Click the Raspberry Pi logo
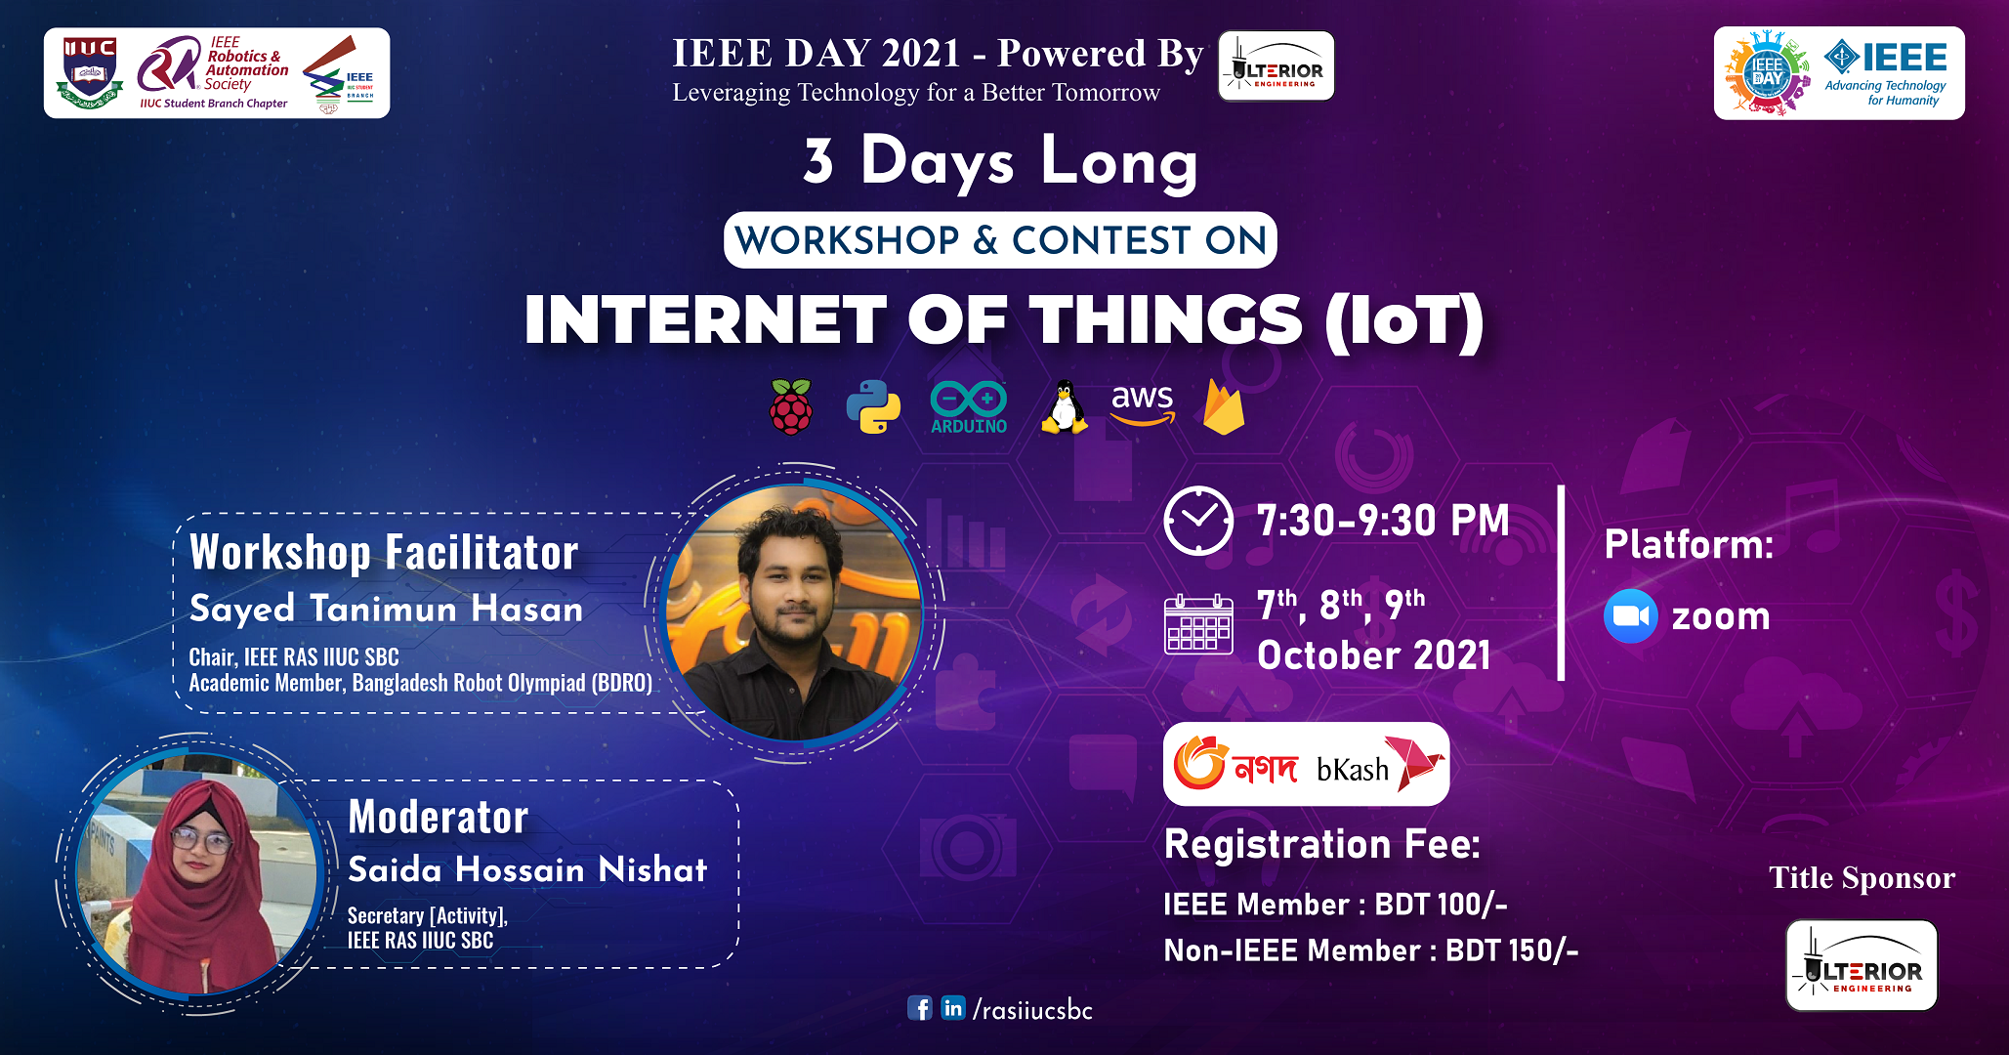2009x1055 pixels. tap(790, 406)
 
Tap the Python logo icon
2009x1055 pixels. tap(873, 406)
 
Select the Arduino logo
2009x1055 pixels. tap(968, 406)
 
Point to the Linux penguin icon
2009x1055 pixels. tap(1064, 406)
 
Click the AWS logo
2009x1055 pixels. tap(1143, 403)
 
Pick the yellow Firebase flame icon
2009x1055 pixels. tap(1224, 406)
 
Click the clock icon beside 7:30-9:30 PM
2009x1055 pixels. tap(1198, 521)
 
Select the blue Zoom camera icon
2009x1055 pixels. tap(1630, 616)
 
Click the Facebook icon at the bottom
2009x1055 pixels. tap(920, 1008)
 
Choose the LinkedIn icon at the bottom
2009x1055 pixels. tap(953, 1008)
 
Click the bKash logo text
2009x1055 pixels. tap(1353, 770)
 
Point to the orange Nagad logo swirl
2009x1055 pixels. tap(1198, 763)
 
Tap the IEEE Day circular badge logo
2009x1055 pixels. tap(1767, 73)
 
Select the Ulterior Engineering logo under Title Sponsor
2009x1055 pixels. tap(1862, 965)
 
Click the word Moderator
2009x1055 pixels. tap(439, 817)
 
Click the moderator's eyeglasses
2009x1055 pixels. tap(201, 839)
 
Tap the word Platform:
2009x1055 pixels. tap(1689, 544)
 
